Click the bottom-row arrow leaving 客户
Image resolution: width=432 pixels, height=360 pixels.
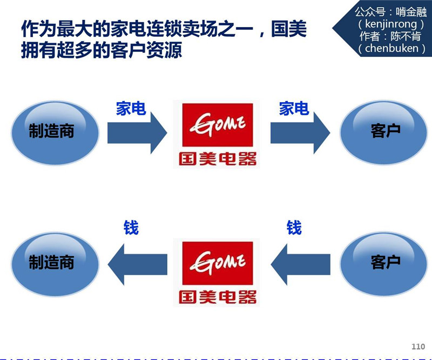point(300,264)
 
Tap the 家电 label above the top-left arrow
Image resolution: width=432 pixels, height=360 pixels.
point(131,109)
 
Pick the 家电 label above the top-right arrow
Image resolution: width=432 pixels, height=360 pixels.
point(294,109)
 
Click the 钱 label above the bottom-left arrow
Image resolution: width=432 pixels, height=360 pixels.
point(131,228)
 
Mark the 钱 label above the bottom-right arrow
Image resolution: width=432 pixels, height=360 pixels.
point(294,228)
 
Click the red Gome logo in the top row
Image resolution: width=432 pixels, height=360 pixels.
point(217,125)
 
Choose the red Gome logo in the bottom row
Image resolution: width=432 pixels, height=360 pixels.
point(217,263)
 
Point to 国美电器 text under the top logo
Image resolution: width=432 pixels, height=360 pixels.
point(217,159)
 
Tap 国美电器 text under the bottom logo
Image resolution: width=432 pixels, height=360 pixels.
point(217,297)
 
